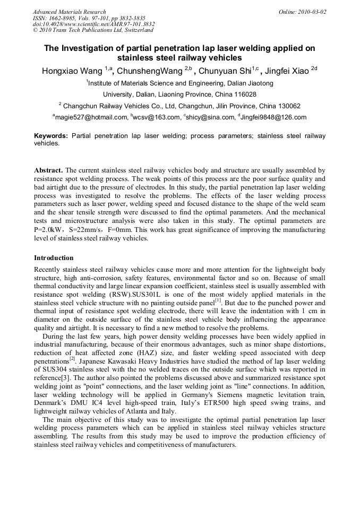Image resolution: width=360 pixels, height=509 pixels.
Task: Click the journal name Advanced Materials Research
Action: (69, 12)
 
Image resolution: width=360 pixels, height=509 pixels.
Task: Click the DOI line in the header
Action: (93, 24)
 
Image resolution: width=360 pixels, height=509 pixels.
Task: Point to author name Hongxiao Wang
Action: (72, 71)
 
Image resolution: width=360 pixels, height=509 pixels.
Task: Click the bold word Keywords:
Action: (51, 136)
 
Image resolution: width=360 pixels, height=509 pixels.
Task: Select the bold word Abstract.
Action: (48, 170)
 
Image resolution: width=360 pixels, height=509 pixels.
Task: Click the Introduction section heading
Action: (54, 258)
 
